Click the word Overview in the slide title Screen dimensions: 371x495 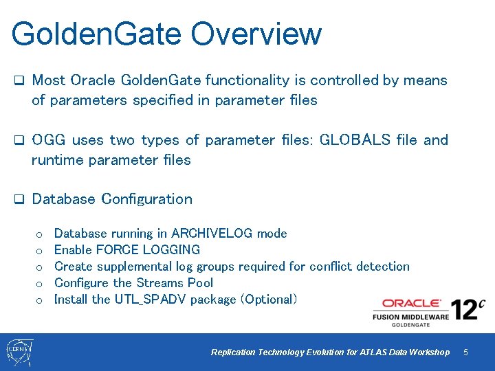coord(256,34)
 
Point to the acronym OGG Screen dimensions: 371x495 coord(47,140)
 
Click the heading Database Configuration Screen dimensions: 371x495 coord(112,199)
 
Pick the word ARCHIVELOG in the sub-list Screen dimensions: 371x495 coord(212,234)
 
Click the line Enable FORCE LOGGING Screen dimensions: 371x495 coord(126,250)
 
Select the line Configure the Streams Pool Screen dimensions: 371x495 coord(133,283)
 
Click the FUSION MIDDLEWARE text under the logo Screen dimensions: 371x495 coord(410,316)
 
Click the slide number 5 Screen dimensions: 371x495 coord(465,352)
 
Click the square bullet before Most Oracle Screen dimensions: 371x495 coord(19,81)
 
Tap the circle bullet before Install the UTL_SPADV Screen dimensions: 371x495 coord(39,300)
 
